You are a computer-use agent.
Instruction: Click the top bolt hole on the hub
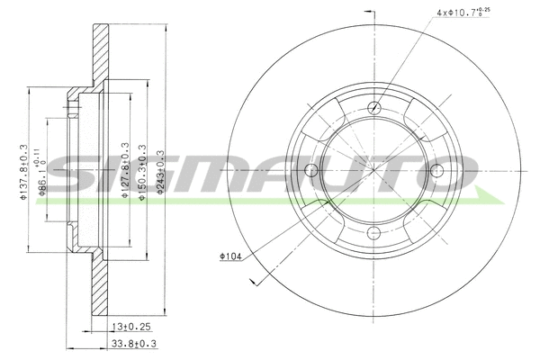(x=373, y=109)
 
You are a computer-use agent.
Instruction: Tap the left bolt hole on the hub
(x=311, y=171)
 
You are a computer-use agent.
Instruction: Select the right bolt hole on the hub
(x=436, y=171)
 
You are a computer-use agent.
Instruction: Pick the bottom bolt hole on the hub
(x=373, y=233)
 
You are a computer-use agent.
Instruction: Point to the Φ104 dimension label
(x=230, y=256)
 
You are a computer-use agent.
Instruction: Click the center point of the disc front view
(x=373, y=171)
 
